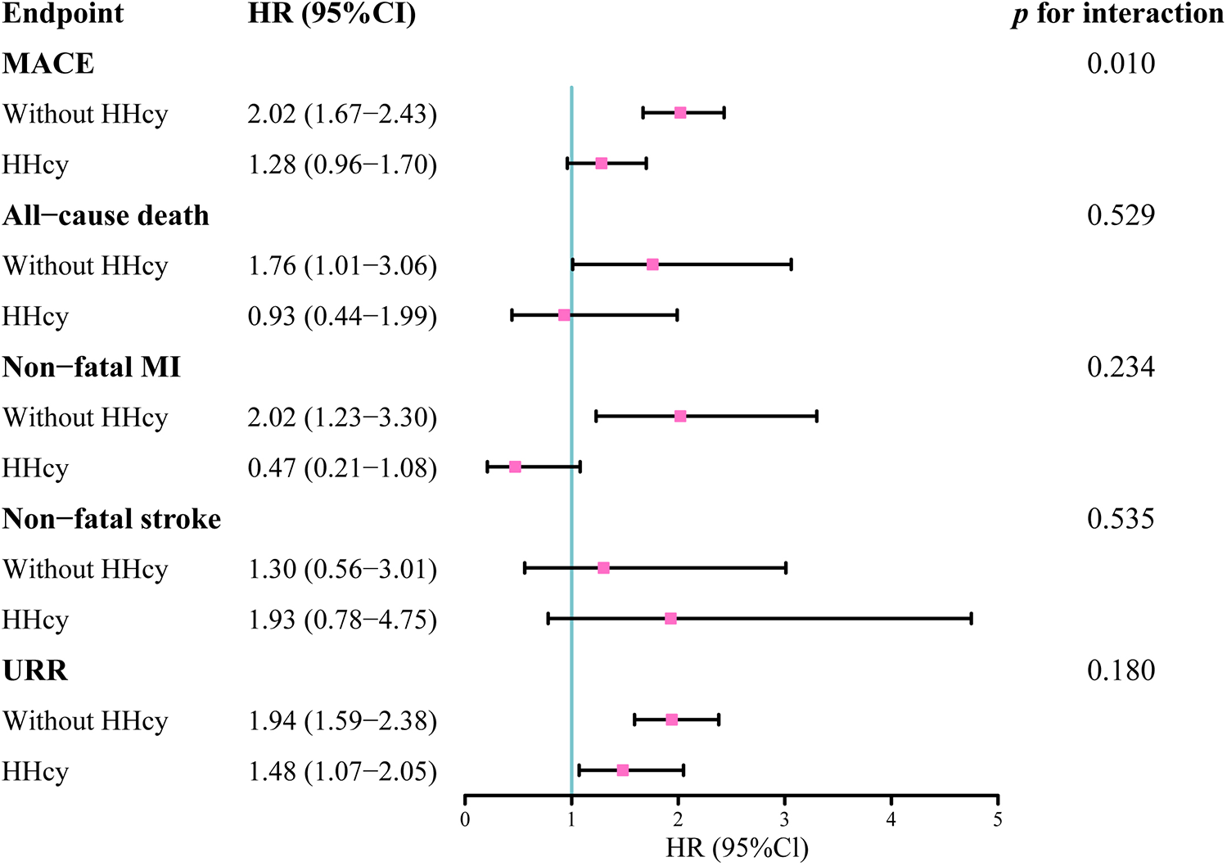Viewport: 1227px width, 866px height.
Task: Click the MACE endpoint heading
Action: [48, 64]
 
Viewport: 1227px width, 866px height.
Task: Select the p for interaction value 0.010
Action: [1121, 64]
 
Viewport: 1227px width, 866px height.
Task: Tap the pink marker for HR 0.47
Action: [515, 467]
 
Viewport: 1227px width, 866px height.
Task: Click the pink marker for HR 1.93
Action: [670, 619]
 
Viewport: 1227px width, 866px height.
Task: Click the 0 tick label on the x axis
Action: [465, 819]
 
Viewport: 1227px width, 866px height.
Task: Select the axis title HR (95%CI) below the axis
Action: [737, 848]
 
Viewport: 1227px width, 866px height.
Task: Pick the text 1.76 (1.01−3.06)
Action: [342, 266]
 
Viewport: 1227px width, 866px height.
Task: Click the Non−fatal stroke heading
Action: [112, 519]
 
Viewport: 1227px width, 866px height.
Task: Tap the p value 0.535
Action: [1121, 519]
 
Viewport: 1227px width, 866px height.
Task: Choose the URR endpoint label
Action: [35, 670]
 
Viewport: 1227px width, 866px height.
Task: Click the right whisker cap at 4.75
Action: [971, 619]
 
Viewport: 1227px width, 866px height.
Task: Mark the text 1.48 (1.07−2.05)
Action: [342, 772]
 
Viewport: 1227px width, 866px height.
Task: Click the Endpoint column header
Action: [63, 14]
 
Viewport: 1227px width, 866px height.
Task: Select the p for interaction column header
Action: [1118, 15]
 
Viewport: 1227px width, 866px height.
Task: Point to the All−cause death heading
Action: [106, 215]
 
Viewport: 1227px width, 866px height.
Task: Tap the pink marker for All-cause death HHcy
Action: [564, 315]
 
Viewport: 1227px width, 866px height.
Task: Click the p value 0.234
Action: [1121, 368]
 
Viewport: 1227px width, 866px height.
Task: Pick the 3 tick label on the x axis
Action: [785, 819]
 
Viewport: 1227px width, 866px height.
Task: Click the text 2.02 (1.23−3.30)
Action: [342, 417]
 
